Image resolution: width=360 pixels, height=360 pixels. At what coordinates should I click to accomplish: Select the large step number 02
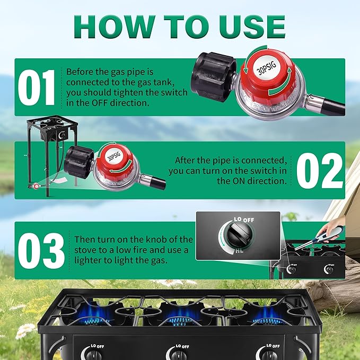pos(320,170)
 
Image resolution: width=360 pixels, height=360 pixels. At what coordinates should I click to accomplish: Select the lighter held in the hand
pos(315,239)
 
